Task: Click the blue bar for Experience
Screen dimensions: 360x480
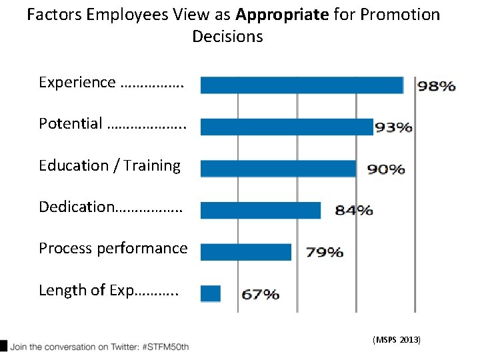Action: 301,85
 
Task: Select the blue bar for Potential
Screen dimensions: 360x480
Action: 287,127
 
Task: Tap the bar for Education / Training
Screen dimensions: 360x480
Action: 278,169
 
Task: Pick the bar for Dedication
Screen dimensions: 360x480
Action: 260,210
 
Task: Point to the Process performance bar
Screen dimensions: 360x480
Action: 246,252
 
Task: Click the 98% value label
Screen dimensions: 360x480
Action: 437,86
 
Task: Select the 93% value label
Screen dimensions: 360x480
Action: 393,127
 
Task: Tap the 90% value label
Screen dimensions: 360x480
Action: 386,169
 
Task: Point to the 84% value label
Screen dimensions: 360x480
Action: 353,211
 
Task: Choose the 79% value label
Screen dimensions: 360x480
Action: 325,252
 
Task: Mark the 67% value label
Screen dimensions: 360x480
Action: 260,294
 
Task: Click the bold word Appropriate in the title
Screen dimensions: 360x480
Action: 282,15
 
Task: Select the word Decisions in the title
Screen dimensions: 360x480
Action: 228,37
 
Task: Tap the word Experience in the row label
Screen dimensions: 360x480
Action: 77,83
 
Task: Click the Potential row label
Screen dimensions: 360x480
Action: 71,124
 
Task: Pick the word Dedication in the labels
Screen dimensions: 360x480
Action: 77,207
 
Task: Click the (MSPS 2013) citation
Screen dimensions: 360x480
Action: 397,340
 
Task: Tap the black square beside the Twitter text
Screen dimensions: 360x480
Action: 4,346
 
